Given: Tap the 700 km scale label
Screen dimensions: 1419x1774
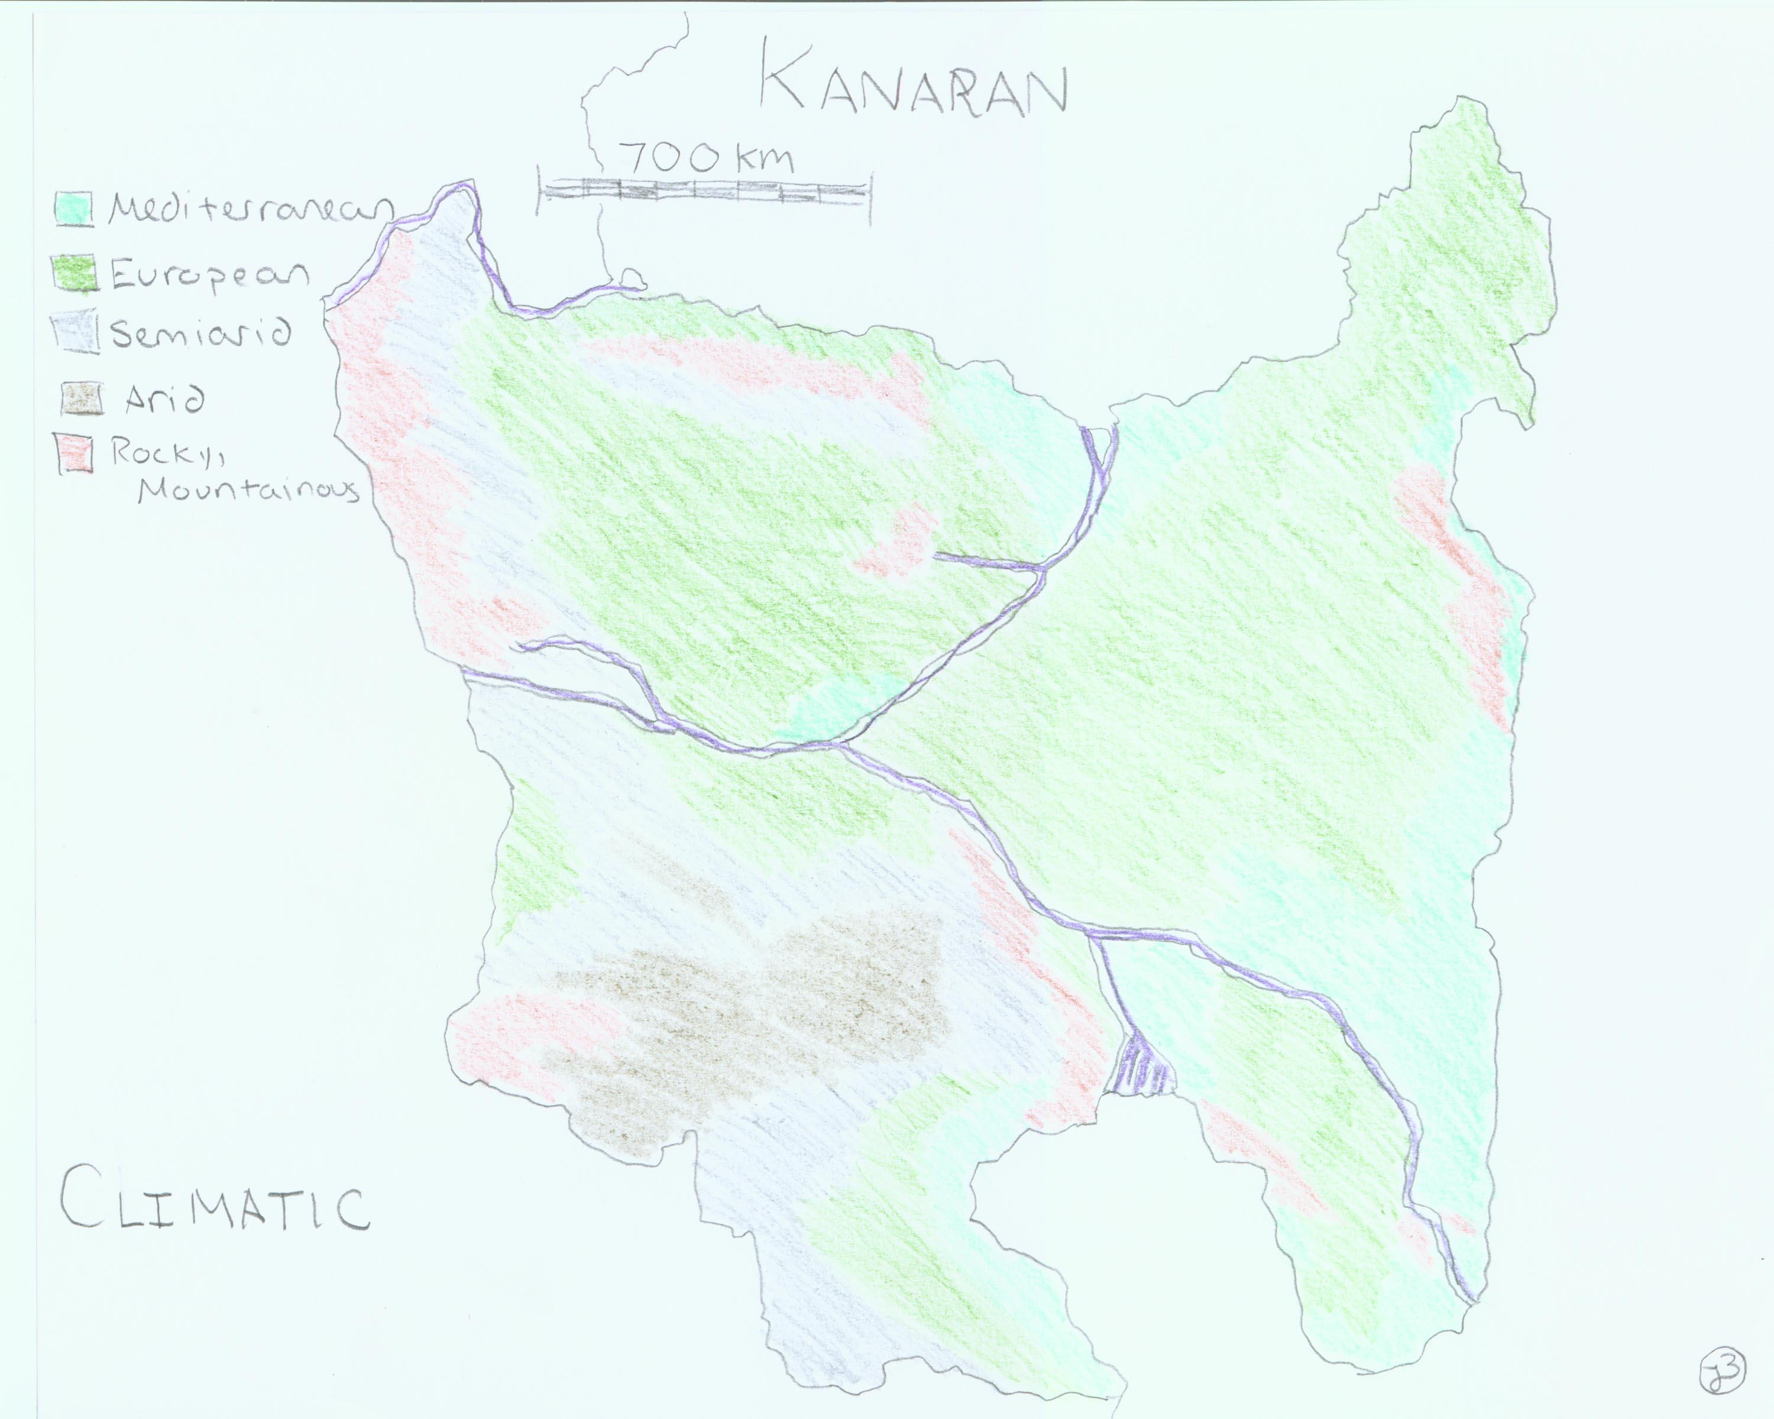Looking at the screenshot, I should (708, 156).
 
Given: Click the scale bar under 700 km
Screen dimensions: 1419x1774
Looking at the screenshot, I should (704, 193).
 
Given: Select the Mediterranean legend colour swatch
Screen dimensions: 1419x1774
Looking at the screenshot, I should (73, 208).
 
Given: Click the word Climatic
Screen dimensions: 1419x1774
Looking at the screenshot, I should (214, 1207).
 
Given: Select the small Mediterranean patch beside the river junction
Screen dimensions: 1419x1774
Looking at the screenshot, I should (839, 704).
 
